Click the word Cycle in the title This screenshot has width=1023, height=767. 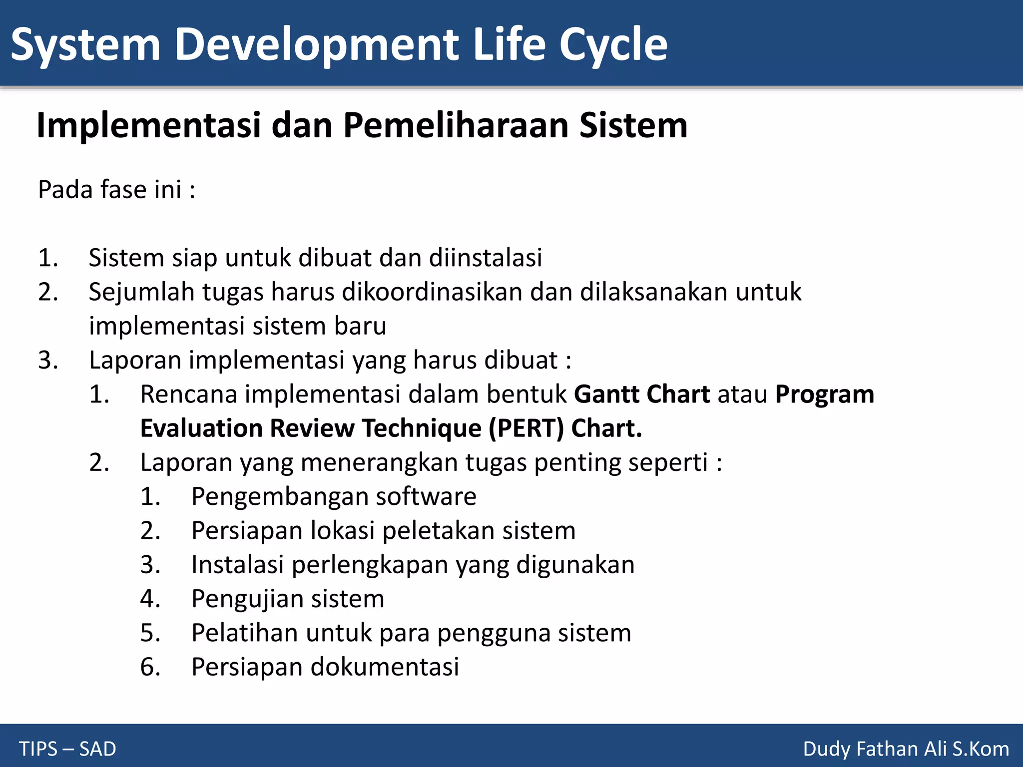pyautogui.click(x=613, y=45)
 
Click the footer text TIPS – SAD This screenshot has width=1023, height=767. pyautogui.click(x=67, y=749)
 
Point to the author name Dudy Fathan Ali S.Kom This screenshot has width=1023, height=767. pyautogui.click(x=906, y=749)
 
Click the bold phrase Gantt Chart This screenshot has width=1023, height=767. pyautogui.click(x=641, y=394)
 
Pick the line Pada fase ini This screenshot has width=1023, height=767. pyautogui.click(x=116, y=190)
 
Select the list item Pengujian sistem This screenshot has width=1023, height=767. pyautogui.click(x=288, y=599)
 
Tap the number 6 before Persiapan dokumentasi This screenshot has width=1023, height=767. pyautogui.click(x=149, y=667)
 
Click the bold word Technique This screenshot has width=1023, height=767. pyautogui.click(x=422, y=428)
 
